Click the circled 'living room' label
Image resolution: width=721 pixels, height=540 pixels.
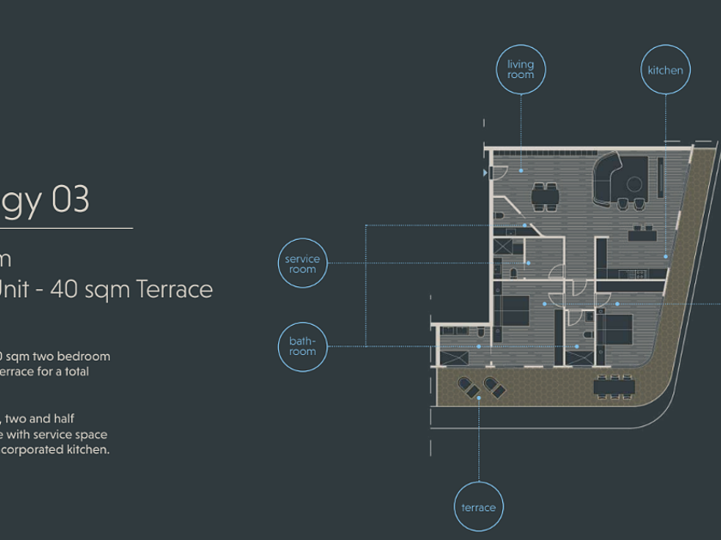tap(520, 69)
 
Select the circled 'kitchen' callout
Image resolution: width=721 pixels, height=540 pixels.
tap(665, 70)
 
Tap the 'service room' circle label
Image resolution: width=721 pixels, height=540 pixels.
tap(302, 263)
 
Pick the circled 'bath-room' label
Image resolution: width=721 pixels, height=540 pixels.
tap(302, 346)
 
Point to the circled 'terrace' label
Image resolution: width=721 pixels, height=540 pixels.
tap(478, 507)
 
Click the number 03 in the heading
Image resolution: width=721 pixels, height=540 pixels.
tap(70, 200)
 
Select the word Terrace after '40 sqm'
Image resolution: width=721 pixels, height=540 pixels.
tap(173, 289)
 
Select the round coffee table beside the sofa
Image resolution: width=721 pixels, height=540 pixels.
tap(635, 183)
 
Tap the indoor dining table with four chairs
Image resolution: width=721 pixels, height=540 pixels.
tap(544, 197)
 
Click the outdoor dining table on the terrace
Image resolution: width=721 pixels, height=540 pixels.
tap(615, 387)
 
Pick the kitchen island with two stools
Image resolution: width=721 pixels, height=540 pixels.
tap(644, 233)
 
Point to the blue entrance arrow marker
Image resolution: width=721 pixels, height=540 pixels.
tap(485, 172)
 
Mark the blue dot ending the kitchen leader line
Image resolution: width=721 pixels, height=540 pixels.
tap(665, 256)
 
